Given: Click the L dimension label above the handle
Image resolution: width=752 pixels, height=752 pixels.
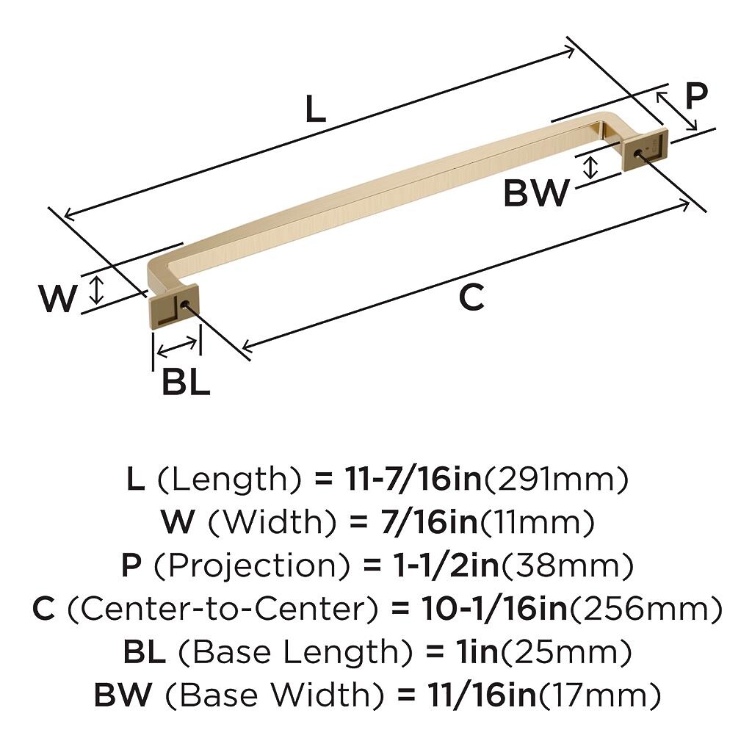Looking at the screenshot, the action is point(316,109).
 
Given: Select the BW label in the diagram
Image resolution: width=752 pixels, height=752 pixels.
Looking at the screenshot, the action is point(536,192).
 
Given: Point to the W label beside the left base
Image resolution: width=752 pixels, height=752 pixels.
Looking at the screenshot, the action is point(57,298).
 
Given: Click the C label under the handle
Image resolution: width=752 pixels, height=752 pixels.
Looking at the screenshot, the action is point(471,297).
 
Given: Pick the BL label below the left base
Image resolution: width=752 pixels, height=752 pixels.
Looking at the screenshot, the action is point(186,382).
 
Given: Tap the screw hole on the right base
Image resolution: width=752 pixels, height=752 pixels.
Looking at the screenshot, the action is point(638,153).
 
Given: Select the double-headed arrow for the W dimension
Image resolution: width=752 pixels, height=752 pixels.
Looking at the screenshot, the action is point(98,290).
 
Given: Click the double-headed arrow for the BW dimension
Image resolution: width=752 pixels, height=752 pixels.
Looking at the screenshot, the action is point(591,167).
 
